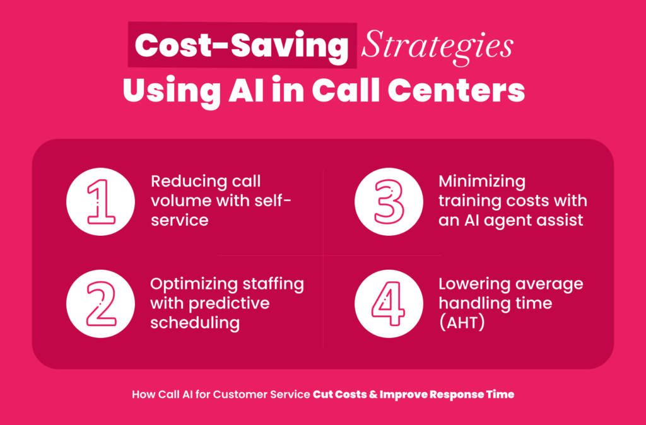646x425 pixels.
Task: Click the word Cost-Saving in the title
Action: click(242, 45)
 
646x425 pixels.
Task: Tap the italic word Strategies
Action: click(437, 49)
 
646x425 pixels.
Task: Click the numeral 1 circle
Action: click(100, 201)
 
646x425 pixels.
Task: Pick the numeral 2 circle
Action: click(100, 304)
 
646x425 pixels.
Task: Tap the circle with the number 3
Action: click(389, 201)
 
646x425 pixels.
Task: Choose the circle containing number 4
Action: click(389, 304)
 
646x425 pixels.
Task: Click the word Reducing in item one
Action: click(184, 182)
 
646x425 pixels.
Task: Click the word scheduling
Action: click(195, 323)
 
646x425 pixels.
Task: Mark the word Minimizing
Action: click(481, 182)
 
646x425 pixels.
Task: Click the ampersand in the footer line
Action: click(373, 395)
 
